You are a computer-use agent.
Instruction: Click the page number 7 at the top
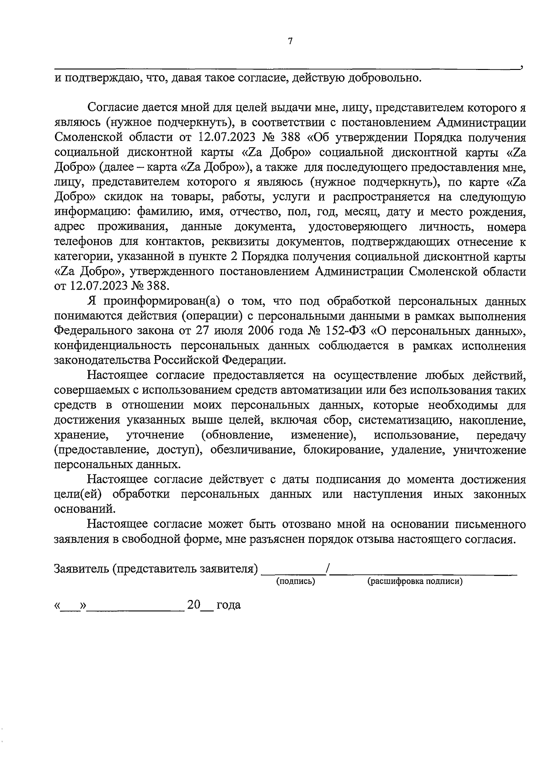pos(290,41)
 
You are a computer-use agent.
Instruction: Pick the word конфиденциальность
pos(108,346)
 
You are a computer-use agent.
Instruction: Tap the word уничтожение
pos(490,450)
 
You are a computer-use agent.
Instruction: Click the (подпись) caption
pos(296,582)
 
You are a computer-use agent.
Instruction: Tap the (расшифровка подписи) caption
pos(415,582)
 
